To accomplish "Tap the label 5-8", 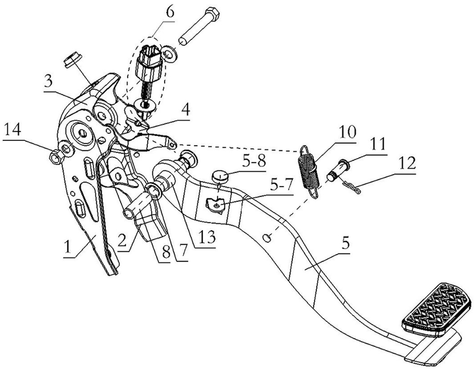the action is pos(254,162).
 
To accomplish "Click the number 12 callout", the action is pos(407,165).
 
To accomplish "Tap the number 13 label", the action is pos(209,236).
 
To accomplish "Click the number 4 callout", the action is pos(187,110).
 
